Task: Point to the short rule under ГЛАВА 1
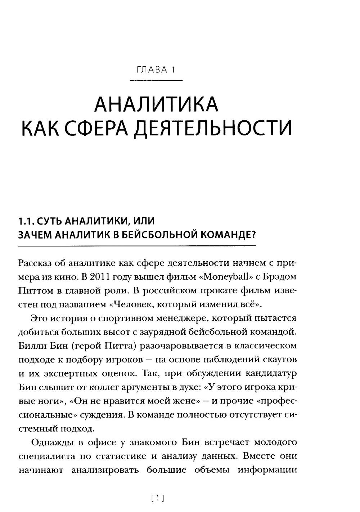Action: click(x=156, y=80)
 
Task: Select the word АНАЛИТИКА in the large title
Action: click(x=156, y=105)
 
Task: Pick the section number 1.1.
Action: click(x=26, y=221)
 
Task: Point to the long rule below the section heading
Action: click(x=136, y=246)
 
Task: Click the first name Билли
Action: click(x=29, y=346)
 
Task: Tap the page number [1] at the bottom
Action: click(x=158, y=498)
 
